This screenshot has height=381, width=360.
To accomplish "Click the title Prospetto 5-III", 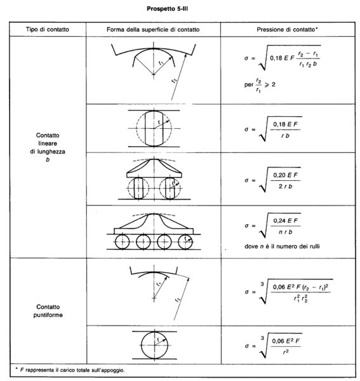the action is tap(180, 10).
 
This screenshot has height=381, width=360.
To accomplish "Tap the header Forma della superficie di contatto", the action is tap(153, 30).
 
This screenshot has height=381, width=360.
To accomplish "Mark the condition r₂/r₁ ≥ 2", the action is tap(257, 86).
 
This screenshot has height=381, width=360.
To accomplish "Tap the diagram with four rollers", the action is tap(153, 232).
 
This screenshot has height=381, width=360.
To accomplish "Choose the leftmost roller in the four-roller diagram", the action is tap(121, 241).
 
